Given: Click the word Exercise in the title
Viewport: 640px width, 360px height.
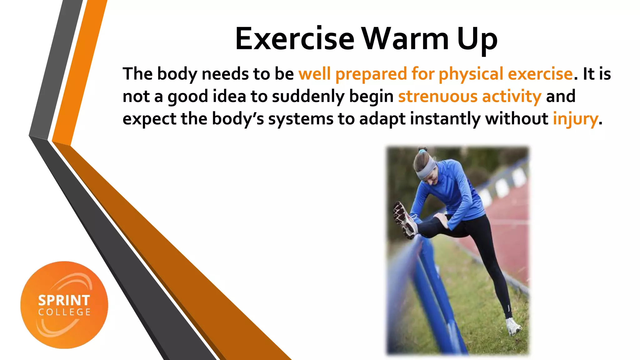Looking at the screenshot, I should (x=295, y=39).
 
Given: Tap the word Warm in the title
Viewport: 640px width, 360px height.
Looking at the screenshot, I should (x=405, y=39).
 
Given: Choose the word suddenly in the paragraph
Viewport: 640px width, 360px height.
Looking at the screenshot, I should (x=308, y=96).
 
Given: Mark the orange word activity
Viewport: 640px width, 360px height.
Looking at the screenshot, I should (x=512, y=96).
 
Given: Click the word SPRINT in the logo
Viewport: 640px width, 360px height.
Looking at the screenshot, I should (x=64, y=301).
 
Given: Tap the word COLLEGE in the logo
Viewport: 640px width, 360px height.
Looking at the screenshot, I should (x=64, y=312).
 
